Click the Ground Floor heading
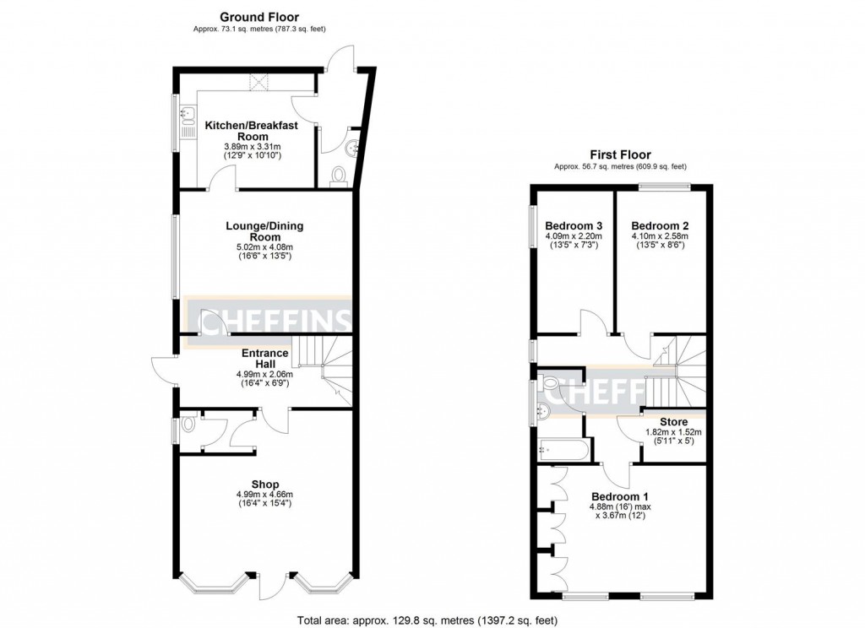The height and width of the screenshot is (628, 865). pos(259,17)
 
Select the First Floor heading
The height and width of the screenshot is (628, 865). pos(620,154)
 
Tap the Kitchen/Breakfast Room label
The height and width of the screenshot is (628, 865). pos(252,131)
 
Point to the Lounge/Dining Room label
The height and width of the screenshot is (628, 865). pos(264,231)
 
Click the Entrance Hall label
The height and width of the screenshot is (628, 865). pos(265,358)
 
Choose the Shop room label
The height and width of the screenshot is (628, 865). pos(265,484)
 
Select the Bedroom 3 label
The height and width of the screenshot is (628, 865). pos(574,225)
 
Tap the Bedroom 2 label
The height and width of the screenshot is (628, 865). pos(661,225)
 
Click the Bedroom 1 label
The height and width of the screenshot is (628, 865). pos(620,495)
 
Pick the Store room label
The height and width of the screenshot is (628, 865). pos(673,421)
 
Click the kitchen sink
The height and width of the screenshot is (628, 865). pos(188,118)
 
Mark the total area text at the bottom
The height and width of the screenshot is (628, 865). pos(427,620)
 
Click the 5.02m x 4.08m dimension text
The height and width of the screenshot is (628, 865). pos(264,248)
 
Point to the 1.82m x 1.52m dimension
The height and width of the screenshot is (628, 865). pos(673,432)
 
